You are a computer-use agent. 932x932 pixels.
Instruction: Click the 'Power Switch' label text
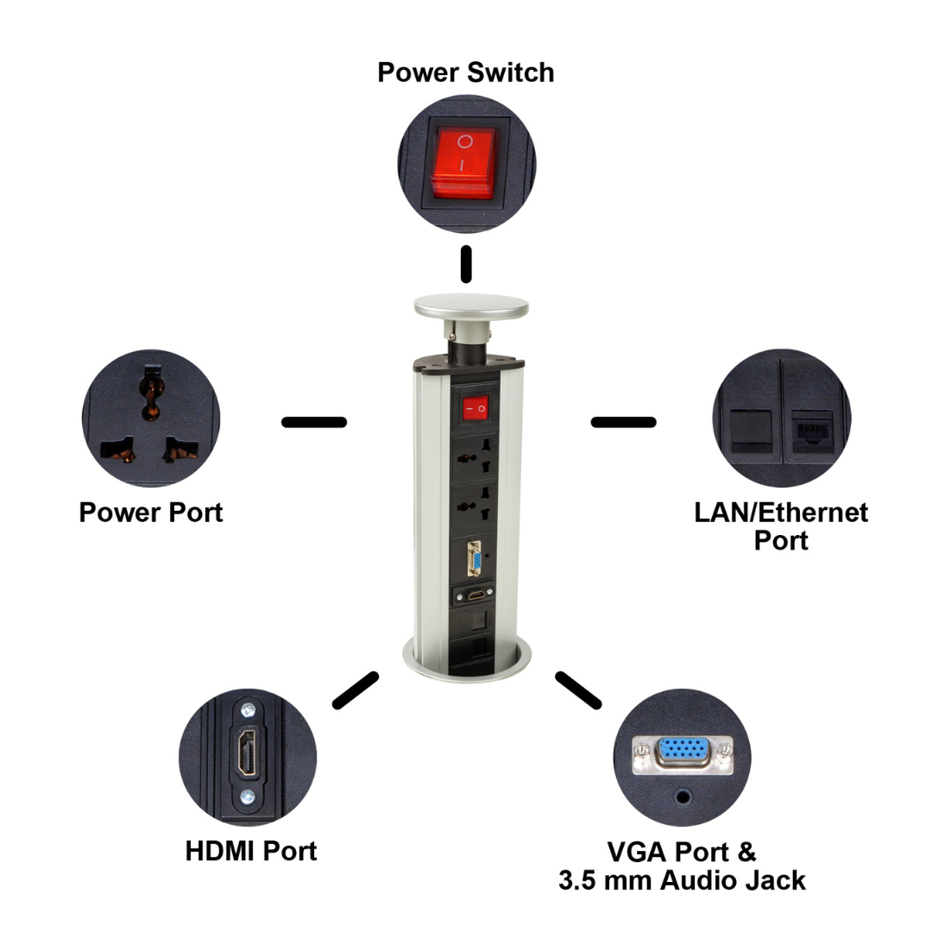(466, 72)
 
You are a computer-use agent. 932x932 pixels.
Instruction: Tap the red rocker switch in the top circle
(463, 163)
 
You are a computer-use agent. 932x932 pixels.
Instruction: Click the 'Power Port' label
(151, 513)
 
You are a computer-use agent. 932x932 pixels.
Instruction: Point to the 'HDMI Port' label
(251, 851)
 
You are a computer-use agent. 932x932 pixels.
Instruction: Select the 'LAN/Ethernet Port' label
(781, 526)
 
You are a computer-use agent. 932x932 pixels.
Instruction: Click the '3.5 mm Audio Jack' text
(682, 880)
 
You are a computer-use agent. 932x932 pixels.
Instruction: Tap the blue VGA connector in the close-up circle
(683, 753)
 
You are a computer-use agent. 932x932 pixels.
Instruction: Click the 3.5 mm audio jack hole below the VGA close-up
(683, 797)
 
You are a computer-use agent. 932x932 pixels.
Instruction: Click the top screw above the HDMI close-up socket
(248, 709)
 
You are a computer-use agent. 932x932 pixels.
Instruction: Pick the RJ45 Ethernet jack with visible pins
(811, 431)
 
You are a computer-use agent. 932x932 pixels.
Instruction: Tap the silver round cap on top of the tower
(471, 306)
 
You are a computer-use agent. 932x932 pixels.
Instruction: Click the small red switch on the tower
(475, 407)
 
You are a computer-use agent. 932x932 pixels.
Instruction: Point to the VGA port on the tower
(474, 558)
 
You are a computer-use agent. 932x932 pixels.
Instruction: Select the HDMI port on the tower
(475, 595)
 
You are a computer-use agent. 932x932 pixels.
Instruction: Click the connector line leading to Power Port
(314, 422)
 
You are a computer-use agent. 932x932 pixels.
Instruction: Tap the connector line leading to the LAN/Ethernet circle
(624, 422)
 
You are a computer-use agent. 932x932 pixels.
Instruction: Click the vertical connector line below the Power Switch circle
(467, 264)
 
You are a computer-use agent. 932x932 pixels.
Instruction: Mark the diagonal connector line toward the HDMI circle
(356, 690)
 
